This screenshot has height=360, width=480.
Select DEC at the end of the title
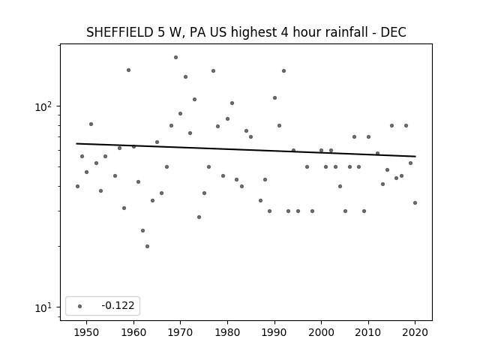click(393, 32)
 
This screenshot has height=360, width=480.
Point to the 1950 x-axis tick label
click(87, 332)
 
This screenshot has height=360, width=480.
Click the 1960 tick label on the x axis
click(133, 332)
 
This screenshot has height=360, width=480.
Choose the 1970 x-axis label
click(180, 332)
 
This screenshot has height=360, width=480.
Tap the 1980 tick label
click(227, 332)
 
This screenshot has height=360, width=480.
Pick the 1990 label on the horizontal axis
click(274, 332)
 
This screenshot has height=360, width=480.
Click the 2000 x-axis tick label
click(322, 332)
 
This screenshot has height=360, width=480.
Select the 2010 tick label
click(368, 332)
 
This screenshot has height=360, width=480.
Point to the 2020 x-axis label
click(415, 332)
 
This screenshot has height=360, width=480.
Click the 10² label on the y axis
click(43, 106)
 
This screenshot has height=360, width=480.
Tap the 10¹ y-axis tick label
click(43, 307)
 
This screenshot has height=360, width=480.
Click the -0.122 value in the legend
click(118, 305)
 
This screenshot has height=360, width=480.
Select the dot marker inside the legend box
click(79, 306)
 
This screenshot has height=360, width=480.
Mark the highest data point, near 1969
click(175, 57)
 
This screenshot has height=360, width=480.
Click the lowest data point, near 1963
click(147, 246)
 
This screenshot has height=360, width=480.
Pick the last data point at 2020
click(415, 202)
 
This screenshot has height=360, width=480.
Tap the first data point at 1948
click(77, 186)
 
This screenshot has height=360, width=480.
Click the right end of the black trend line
click(415, 157)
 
